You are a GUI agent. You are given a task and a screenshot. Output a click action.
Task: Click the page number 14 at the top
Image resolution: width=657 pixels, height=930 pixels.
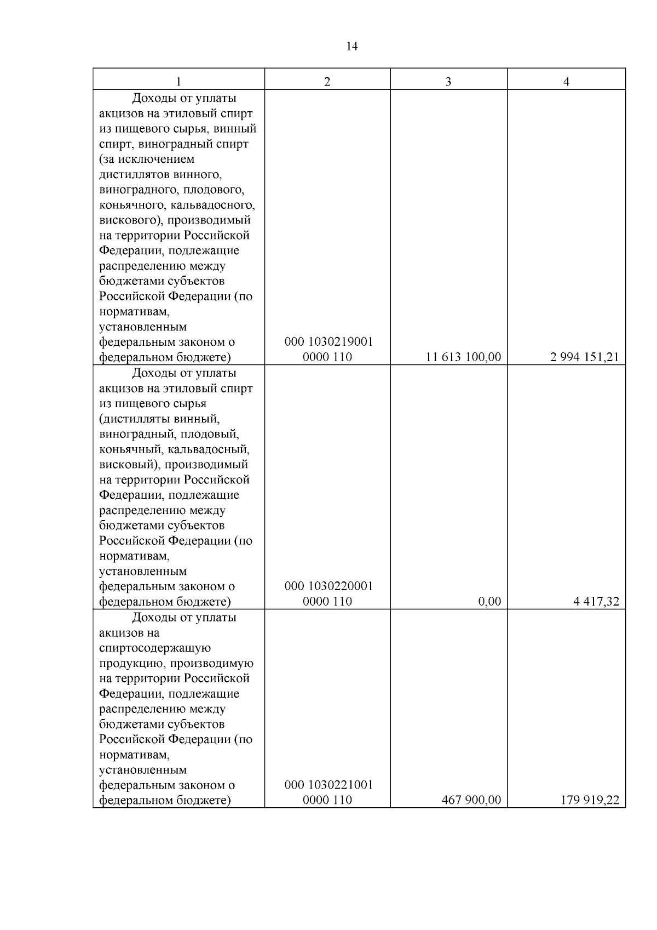coord(352,47)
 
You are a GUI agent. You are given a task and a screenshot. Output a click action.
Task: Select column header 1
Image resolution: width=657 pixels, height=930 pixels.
coord(178,82)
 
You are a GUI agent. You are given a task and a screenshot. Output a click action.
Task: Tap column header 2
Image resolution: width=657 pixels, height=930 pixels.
coord(327,82)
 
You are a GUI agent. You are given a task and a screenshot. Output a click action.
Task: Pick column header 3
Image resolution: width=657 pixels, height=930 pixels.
coord(448,82)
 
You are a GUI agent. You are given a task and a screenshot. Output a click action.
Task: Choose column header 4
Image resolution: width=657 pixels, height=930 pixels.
coord(566,82)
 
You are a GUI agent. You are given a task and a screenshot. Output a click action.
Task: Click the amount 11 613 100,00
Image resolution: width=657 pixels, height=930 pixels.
coord(463,357)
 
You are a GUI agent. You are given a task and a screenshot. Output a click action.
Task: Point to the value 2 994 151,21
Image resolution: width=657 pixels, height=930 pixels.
coord(585,357)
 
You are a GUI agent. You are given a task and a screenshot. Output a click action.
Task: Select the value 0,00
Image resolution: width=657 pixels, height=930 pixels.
coord(489,601)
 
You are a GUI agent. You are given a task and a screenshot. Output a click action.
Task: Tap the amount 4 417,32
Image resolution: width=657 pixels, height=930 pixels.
coord(596,601)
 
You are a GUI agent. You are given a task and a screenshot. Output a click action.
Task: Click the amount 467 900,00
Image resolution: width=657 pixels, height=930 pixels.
coord(471,800)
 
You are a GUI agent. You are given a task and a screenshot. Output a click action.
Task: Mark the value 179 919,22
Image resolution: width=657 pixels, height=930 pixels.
coord(589,800)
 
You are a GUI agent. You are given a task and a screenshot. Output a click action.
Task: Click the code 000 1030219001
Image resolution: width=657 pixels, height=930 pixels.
coord(328,342)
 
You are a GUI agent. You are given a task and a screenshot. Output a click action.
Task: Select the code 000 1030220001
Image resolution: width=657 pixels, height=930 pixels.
coord(328,586)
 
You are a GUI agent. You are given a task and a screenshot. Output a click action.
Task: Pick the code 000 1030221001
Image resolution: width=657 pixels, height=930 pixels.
coord(328,784)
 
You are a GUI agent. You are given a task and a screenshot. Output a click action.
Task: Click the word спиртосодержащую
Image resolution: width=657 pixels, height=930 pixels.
coord(155,648)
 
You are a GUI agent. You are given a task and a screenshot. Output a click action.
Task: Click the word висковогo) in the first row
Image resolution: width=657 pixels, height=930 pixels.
coord(130,220)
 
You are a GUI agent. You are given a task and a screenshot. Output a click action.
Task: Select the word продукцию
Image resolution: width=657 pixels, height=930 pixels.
coord(131,663)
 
